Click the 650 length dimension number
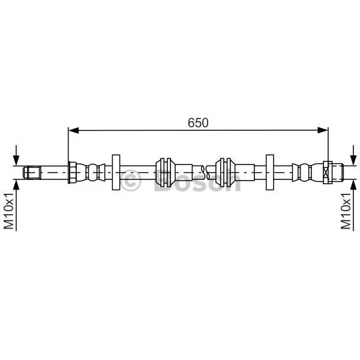coord(198,122)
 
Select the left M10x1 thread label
coord(9,211)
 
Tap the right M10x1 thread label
coord(346,211)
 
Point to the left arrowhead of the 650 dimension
coord(73,130)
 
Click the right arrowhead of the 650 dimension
coord(323,130)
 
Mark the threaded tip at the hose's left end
coord(32,172)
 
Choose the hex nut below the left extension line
coord(72,172)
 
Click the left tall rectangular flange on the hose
coord(116,172)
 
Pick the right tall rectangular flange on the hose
coord(270,172)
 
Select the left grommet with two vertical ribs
coord(165,172)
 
